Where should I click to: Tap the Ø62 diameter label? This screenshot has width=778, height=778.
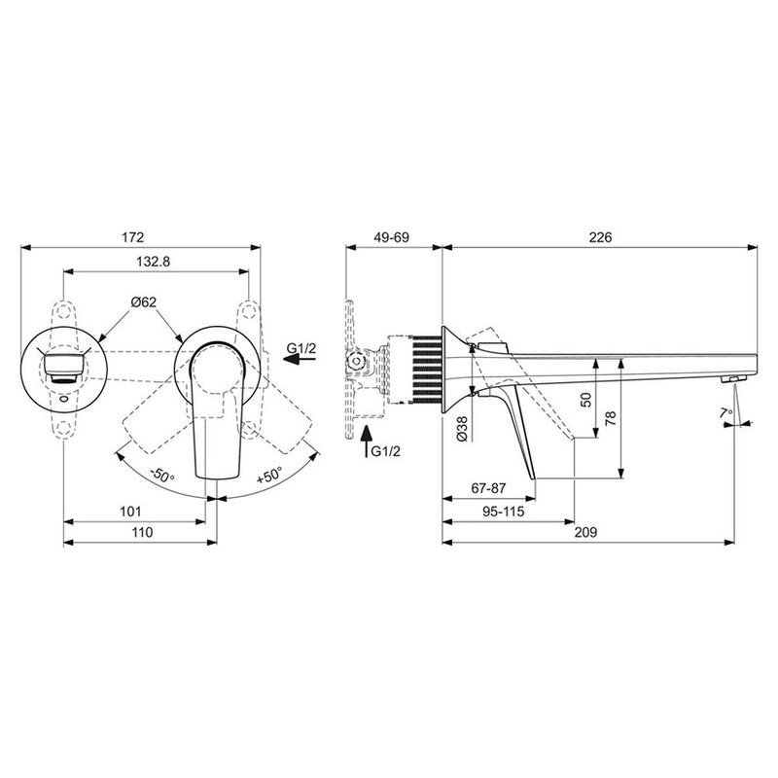pos(144,302)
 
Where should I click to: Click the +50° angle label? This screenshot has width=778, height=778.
pos(269,477)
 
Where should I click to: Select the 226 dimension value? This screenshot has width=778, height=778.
pos(599,236)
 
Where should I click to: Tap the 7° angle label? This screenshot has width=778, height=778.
pos(725,412)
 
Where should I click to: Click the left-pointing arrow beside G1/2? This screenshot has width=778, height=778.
pos(300,359)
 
